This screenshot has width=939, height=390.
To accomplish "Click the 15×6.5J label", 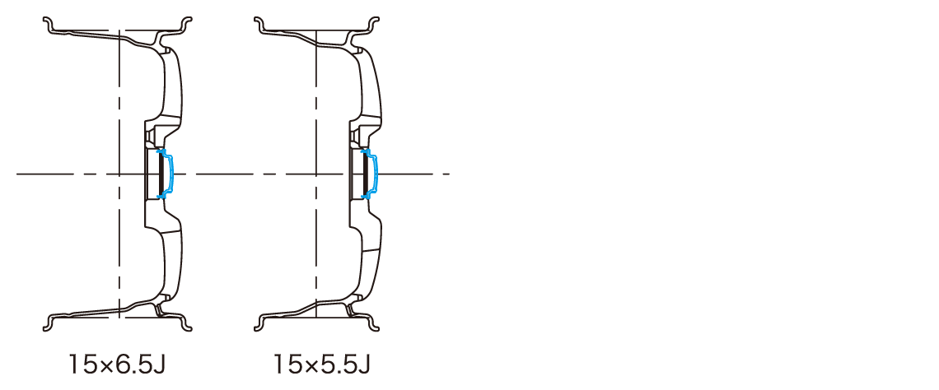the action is click(117, 364).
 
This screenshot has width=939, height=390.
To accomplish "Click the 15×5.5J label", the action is click(322, 364).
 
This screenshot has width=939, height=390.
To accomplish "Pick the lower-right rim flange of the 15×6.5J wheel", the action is click(185, 324).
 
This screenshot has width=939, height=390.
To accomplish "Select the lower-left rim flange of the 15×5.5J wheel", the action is click(260, 324).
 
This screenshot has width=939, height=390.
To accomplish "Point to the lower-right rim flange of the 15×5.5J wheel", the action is click(373, 324).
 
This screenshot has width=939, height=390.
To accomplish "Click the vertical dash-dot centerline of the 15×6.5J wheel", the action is click(119, 174).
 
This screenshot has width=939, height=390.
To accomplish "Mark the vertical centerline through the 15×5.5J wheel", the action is click(315, 174).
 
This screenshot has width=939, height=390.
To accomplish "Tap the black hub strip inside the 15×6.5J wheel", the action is click(161, 174).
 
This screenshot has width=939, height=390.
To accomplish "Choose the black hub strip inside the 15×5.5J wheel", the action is click(365, 174).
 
